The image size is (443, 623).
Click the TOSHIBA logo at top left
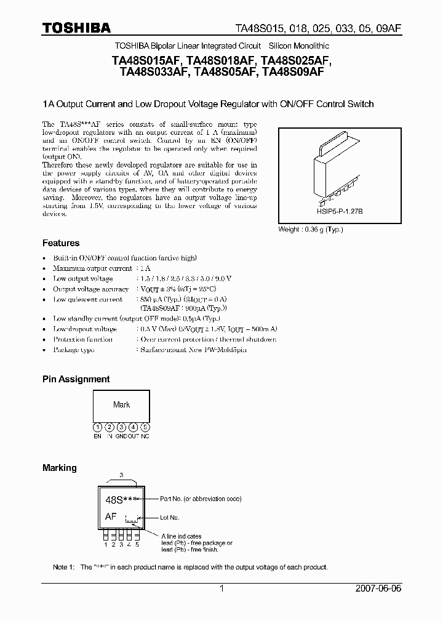pyautogui.click(x=76, y=28)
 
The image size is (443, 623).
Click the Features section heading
pyautogui.click(x=61, y=243)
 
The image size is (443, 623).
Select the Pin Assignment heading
pyautogui.click(x=76, y=379)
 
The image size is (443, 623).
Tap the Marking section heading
pyautogui.click(x=60, y=468)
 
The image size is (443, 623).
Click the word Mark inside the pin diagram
pyautogui.click(x=121, y=405)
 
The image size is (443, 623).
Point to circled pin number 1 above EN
pyautogui.click(x=97, y=427)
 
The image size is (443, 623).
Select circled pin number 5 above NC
pyautogui.click(x=145, y=427)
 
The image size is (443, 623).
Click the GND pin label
pyautogui.click(x=121, y=436)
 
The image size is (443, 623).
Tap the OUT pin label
pyautogui.click(x=133, y=436)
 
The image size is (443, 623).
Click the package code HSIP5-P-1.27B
pyautogui.click(x=323, y=211)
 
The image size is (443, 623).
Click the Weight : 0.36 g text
pyautogui.click(x=311, y=230)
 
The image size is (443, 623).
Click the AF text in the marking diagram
pyautogui.click(x=111, y=517)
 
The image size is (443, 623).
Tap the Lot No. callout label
pyautogui.click(x=169, y=518)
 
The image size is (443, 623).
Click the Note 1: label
pyautogui.click(x=63, y=567)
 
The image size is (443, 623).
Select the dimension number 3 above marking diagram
pyautogui.click(x=121, y=475)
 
